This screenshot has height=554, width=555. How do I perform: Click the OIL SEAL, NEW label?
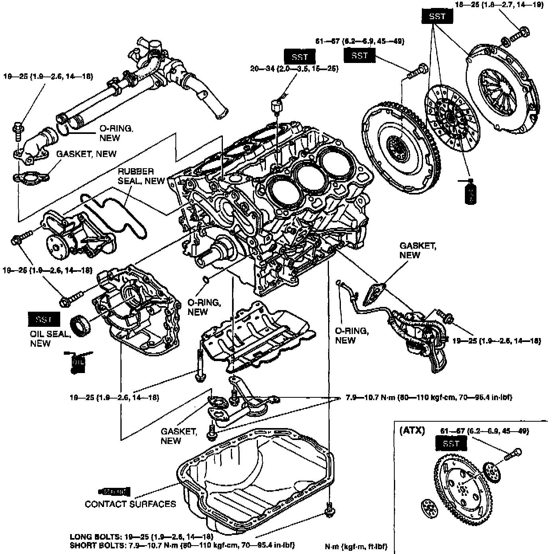tap(50, 338)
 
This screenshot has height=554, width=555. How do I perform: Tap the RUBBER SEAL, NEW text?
tap(141, 176)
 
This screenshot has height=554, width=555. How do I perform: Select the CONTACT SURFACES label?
tap(130, 504)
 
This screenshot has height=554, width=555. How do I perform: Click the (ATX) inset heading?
tap(412, 430)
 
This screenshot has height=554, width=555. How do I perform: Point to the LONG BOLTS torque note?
tap(141, 536)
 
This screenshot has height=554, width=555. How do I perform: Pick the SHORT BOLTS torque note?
tap(182, 545)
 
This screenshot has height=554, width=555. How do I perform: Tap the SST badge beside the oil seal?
tap(44, 319)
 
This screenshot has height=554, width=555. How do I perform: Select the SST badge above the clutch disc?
tap(437, 16)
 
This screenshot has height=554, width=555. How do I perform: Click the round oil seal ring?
tap(81, 325)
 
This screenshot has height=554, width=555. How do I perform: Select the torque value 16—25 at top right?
tap(499, 5)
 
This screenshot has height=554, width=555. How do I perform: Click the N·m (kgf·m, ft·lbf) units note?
tap(356, 546)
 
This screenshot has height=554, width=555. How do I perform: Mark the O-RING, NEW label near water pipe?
tap(116, 133)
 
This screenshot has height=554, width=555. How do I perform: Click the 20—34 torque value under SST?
tap(294, 69)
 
